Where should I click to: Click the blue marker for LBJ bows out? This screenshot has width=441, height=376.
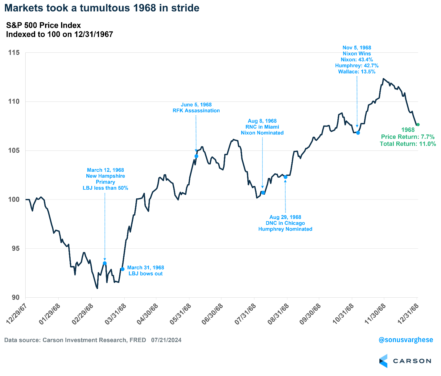[122, 269]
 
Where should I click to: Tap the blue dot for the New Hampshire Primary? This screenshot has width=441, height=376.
[105, 263]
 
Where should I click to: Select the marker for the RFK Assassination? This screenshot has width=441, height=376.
[196, 156]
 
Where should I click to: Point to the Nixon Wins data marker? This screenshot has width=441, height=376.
[358, 133]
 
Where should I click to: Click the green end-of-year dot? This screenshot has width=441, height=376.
[418, 125]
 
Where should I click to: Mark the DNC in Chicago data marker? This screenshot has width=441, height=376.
[286, 177]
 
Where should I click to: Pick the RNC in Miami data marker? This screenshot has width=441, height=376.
[263, 192]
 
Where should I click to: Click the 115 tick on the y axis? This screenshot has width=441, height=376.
[14, 53]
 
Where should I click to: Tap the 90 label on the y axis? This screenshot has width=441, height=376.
[15, 297]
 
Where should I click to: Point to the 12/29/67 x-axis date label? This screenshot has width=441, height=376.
[16, 314]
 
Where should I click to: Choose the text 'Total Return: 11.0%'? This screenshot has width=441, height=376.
[408, 144]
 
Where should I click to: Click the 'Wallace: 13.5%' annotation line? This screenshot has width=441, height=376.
[357, 72]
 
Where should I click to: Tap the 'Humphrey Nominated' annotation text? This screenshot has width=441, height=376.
[285, 229]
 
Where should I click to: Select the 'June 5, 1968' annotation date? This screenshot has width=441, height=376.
[196, 105]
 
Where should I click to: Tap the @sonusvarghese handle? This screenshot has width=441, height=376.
[406, 340]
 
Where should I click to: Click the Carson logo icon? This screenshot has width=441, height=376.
[383, 361]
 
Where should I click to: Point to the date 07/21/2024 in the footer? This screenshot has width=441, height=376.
[166, 340]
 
